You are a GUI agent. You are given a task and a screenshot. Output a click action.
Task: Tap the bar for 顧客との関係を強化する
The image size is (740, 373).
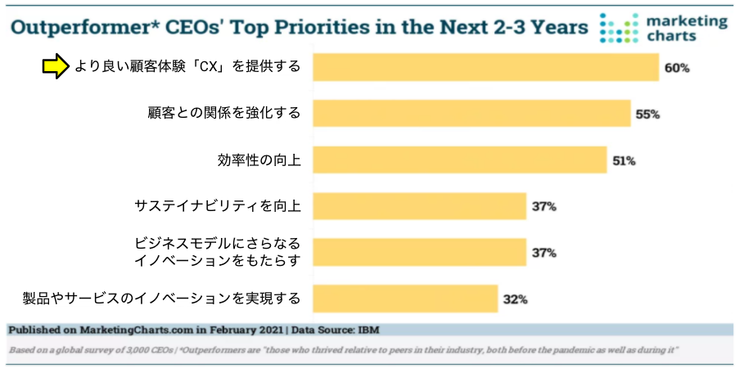tap(472, 114)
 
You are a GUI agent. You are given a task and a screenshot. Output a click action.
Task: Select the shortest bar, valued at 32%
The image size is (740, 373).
tap(405, 299)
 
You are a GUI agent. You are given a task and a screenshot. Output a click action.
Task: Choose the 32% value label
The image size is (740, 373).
tap(515, 299)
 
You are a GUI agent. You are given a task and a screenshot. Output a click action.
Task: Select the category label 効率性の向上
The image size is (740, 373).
tap(259, 160)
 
